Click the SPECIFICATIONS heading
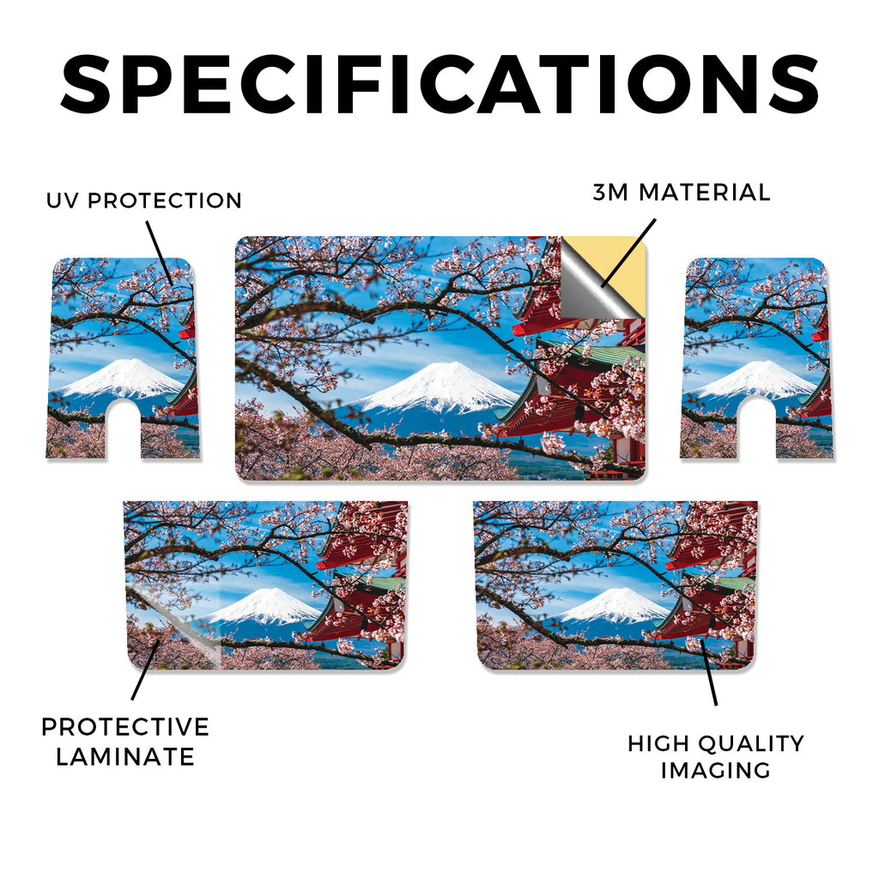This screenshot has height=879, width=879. click(x=439, y=85)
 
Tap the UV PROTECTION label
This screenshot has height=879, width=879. click(x=144, y=201)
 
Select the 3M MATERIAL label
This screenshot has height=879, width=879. click(x=682, y=192)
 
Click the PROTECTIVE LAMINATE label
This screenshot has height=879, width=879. click(x=125, y=742)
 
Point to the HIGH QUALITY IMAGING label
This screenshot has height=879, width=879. click(x=716, y=757)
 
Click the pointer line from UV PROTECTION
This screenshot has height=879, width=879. click(x=160, y=253)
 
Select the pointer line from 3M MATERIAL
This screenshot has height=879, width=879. click(x=627, y=253)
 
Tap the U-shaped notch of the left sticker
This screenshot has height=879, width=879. click(x=124, y=429)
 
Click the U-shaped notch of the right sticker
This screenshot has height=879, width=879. click(x=757, y=429)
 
